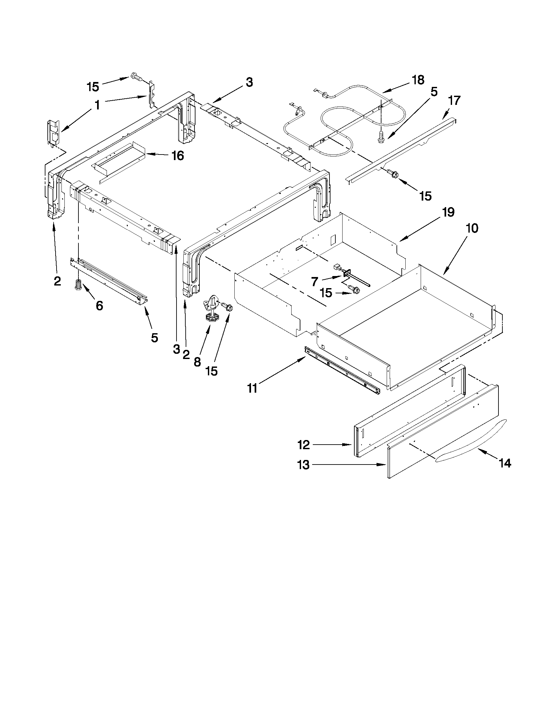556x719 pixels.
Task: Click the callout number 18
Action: click(x=418, y=80)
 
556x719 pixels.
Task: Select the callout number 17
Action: click(x=454, y=100)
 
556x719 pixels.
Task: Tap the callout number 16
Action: click(x=178, y=156)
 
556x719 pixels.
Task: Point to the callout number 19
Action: click(x=448, y=212)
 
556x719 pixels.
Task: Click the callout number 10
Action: click(x=472, y=228)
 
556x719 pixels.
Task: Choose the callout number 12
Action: click(x=303, y=445)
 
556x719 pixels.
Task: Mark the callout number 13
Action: click(x=303, y=465)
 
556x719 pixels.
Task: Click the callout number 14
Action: click(x=505, y=463)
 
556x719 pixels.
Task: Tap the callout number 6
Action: click(x=99, y=305)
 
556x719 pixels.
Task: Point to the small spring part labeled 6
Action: click(x=78, y=285)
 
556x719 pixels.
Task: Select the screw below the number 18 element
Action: click(x=381, y=137)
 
